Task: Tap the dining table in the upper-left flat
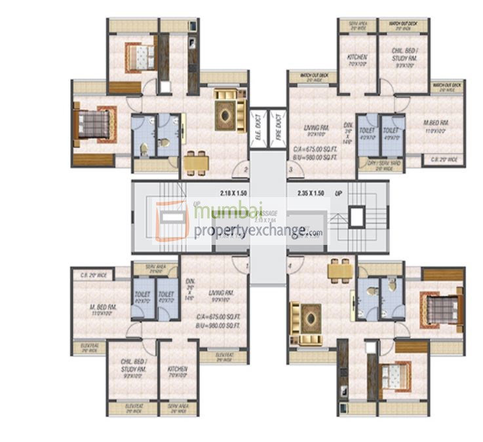[196, 162]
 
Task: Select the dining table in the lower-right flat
[339, 270]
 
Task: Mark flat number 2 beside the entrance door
[245, 171]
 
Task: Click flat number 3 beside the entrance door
[290, 171]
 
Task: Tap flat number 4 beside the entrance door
[290, 267]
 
